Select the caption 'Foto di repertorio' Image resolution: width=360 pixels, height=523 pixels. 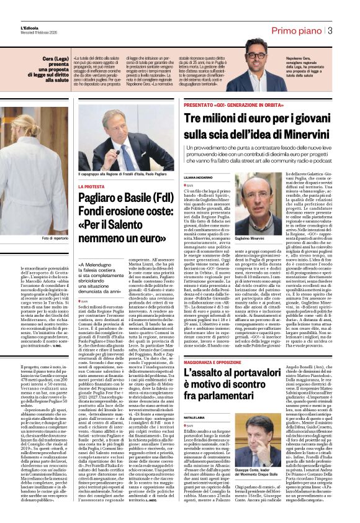54,239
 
